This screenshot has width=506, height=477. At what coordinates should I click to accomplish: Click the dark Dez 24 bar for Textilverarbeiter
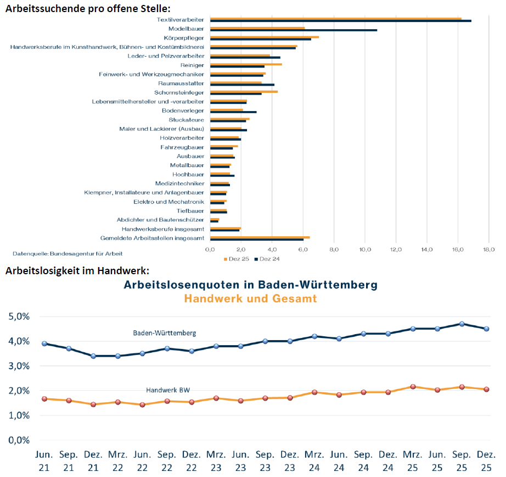tap(340, 21)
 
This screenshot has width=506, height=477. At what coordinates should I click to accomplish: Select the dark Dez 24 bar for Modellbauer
tap(293, 30)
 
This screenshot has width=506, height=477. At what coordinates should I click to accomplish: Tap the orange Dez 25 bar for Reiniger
tap(246, 64)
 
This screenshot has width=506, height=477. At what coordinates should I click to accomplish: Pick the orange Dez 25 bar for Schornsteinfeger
tap(244, 91)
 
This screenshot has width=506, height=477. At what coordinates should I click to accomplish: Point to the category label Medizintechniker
tap(179, 183)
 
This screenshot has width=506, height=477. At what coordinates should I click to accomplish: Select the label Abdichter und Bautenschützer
tap(160, 219)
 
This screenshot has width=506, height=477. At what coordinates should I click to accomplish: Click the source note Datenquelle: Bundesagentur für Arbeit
tap(68, 253)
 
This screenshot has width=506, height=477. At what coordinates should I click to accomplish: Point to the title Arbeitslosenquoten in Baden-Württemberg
tap(250, 285)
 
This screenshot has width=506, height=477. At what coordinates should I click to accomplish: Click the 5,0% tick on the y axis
tap(19, 317)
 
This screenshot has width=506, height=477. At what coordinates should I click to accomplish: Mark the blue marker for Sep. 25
tap(462, 324)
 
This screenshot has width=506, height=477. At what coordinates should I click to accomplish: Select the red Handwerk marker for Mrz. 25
tap(412, 387)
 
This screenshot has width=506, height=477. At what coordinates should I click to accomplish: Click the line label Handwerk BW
tap(168, 390)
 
